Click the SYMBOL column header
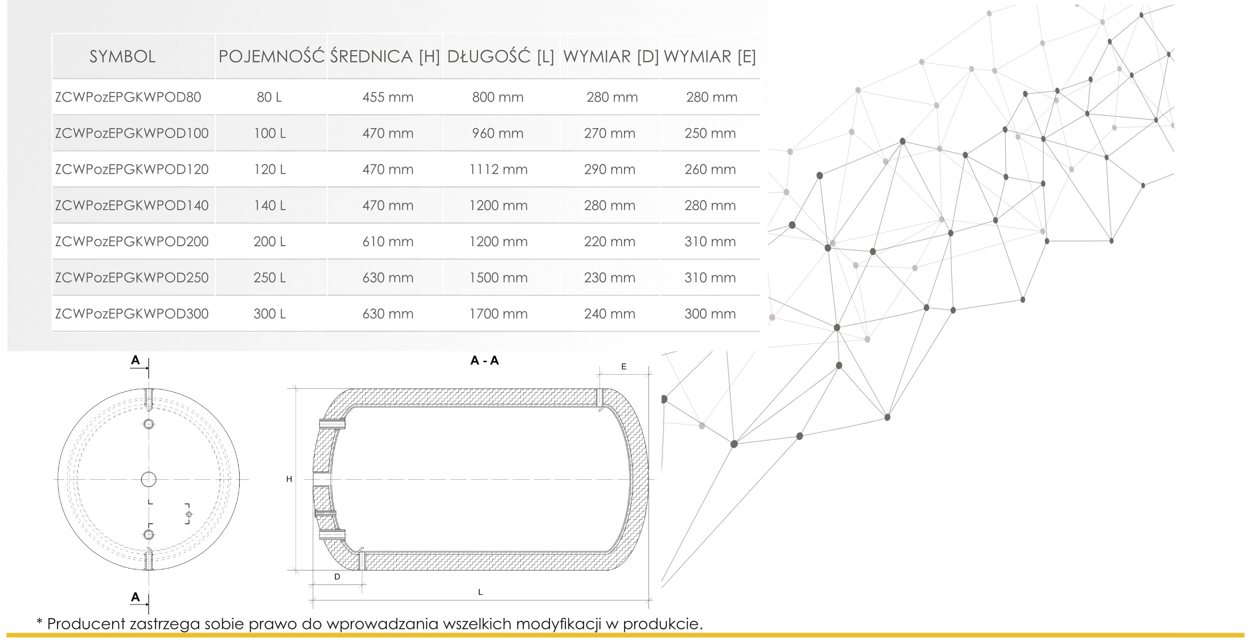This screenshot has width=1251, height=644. [x=123, y=57]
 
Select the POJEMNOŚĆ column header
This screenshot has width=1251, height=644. [x=272, y=56]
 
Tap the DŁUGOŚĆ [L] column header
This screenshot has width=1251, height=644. [x=500, y=56]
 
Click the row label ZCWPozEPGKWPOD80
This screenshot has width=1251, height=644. [x=128, y=97]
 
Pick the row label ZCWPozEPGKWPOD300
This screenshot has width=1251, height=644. [x=132, y=314]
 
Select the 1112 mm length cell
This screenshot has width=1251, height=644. [x=498, y=170]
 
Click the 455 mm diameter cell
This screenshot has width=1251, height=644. [x=388, y=97]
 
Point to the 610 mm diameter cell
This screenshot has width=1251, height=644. [x=388, y=242]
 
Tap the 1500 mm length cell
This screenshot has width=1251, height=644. [x=498, y=278]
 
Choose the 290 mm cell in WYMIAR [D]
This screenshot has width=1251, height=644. [x=609, y=170]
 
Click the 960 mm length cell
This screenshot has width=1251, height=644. [x=498, y=134]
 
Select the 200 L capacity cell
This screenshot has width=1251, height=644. [x=270, y=242]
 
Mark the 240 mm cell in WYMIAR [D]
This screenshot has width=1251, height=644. [x=609, y=314]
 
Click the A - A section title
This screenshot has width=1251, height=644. [x=484, y=360]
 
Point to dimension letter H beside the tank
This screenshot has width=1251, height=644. [x=289, y=479]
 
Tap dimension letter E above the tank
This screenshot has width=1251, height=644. [x=623, y=367]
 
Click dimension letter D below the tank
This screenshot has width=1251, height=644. [x=337, y=577]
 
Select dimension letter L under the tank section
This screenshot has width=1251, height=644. [x=480, y=592]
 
